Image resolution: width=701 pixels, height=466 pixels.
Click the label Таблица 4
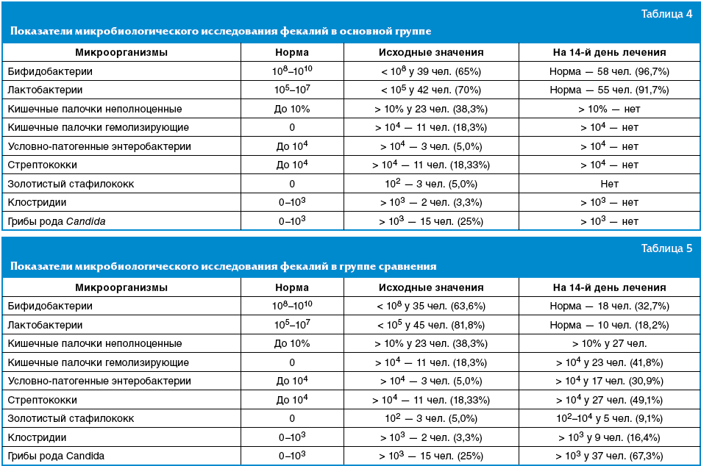[x=666, y=15]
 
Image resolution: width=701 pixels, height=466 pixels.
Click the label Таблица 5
[x=666, y=248]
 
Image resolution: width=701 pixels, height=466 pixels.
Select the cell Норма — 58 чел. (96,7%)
[x=609, y=72]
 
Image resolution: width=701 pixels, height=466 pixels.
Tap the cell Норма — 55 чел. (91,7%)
[x=609, y=90]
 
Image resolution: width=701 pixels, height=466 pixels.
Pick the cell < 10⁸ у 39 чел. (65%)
[x=431, y=72]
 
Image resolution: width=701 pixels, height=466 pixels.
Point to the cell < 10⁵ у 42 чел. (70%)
[x=431, y=90]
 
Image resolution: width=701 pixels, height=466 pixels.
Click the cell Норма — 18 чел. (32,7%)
[x=609, y=306]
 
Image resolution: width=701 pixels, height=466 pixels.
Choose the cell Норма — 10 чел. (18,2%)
[x=609, y=325]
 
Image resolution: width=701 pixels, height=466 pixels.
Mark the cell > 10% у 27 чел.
[x=609, y=343]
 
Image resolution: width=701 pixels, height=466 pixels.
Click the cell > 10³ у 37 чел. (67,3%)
[x=609, y=456]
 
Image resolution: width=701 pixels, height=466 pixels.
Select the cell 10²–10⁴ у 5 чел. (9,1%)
[x=609, y=418]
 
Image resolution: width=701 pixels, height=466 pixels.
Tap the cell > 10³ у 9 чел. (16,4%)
[x=609, y=437]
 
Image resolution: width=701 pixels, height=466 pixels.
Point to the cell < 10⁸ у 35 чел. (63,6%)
[x=431, y=306]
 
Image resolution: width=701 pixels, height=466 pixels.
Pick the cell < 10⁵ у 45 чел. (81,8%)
[x=431, y=325]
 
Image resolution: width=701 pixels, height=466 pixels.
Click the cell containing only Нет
[x=609, y=184]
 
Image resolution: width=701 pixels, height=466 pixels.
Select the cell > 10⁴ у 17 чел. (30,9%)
[x=609, y=381]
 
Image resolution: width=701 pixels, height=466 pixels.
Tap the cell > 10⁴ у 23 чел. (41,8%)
[x=609, y=362]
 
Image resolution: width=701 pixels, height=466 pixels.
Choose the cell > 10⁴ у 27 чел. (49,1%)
[x=609, y=400]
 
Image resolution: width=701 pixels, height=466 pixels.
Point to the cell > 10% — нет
[x=609, y=109]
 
